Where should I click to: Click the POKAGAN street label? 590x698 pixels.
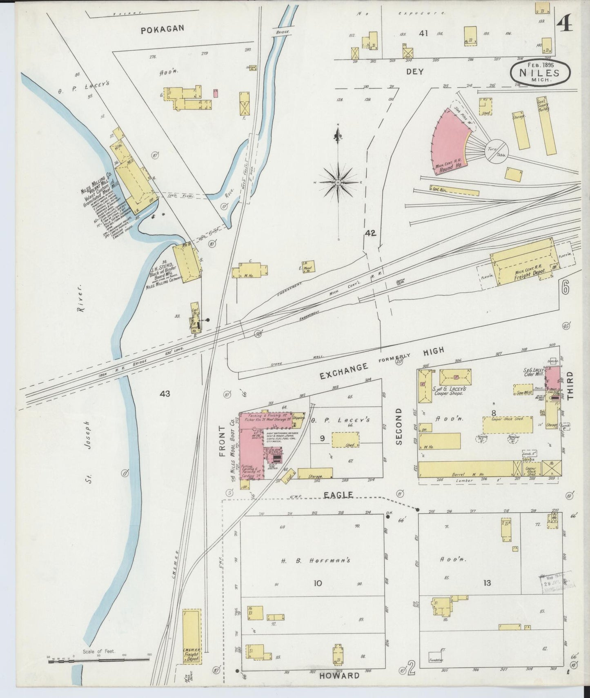coord(163,29)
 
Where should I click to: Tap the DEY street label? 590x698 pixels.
coord(415,71)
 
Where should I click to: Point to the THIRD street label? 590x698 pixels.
coord(570,386)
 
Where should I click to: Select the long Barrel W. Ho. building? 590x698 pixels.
coord(465,469)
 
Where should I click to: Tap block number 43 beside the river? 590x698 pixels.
coord(165,394)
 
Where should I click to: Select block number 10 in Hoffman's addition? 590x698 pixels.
coord(317,583)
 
